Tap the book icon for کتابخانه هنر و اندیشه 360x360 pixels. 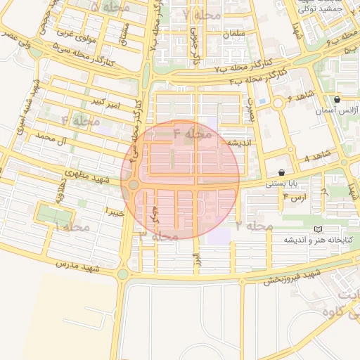point(318,230)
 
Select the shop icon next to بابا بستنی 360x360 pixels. point(282,172)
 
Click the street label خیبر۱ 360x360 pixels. point(114,210)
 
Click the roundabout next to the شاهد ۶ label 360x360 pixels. point(278,104)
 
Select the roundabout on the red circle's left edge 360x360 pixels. point(133,185)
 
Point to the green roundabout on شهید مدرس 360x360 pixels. point(123,274)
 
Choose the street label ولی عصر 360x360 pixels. point(18,39)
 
